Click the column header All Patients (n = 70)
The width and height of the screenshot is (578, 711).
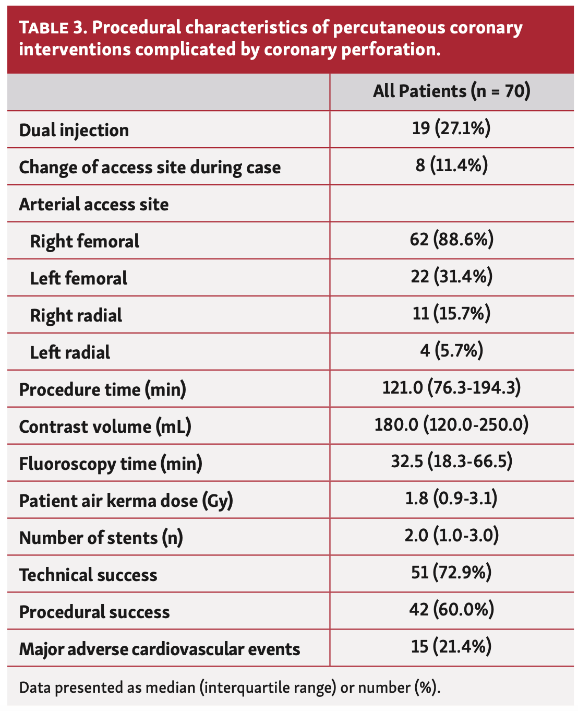tap(451, 91)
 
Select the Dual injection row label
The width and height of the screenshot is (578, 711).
tap(74, 130)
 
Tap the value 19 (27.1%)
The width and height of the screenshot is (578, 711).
tap(451, 128)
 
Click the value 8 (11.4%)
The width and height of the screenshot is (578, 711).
tap(451, 165)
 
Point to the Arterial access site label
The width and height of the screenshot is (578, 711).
tap(94, 204)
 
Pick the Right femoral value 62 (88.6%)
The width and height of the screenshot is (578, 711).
tap(451, 240)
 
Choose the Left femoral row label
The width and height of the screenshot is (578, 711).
tap(79, 278)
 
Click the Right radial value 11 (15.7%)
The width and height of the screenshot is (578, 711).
tap(451, 314)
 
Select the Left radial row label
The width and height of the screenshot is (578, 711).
tap(70, 352)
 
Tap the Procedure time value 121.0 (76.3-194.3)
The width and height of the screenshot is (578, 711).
tap(451, 388)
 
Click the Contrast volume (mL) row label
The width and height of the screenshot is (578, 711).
tap(105, 426)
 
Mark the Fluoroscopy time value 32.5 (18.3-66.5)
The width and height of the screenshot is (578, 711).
tap(451, 462)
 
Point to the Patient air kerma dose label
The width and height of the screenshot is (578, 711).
tap(126, 501)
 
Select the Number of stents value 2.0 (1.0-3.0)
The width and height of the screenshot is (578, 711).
tap(451, 536)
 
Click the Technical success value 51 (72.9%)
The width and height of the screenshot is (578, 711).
tap(451, 573)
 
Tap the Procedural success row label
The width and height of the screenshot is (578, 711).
tap(94, 612)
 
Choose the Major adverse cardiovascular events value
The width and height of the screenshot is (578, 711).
tap(451, 647)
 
